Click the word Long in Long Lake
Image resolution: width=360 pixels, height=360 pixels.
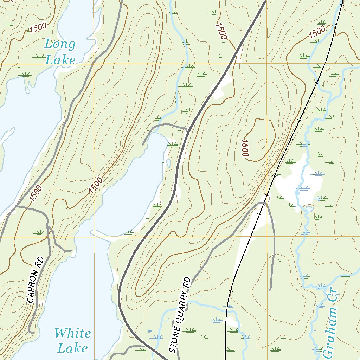pyautogui.click(x=60, y=44)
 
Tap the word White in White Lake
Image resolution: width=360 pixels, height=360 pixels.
pyautogui.click(x=72, y=333)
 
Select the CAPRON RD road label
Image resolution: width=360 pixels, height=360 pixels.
pyautogui.click(x=35, y=280)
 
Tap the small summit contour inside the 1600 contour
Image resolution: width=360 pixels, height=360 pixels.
pyautogui.click(x=262, y=144)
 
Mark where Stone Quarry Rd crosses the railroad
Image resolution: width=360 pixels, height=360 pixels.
pyautogui.click(x=264, y=203)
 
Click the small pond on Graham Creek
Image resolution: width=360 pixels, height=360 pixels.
pyautogui.click(x=309, y=209)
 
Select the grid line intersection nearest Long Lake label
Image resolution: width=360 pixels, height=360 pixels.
pyautogui.click(x=94, y=64)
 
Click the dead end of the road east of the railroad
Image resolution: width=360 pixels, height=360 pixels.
pyautogui.click(x=270, y=290)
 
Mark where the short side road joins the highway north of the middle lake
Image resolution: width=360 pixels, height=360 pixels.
pyautogui.click(x=186, y=129)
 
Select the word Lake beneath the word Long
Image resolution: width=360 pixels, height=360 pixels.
pyautogui.click(x=60, y=60)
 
